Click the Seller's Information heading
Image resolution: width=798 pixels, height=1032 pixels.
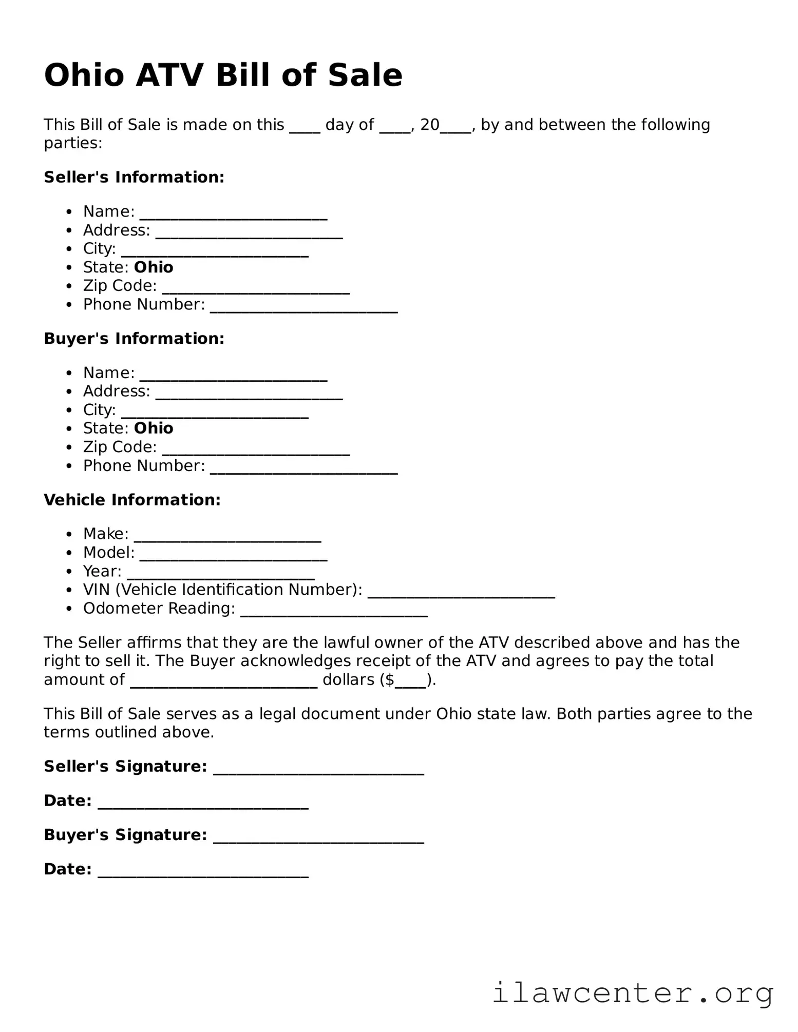134,177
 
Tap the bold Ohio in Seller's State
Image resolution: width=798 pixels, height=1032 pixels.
154,267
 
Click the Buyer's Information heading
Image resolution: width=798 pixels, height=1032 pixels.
134,338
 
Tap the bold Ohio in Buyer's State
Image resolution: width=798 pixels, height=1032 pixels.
154,428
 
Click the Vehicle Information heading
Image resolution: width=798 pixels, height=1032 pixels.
132,499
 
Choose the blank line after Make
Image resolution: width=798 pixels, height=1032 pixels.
227,538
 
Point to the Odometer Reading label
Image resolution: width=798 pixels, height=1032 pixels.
159,608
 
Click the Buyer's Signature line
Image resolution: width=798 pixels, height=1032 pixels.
318,839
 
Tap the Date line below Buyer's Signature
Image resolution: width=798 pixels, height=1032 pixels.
203,873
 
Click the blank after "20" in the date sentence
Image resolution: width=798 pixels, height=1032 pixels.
455,129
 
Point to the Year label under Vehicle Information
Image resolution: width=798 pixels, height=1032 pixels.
102,571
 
